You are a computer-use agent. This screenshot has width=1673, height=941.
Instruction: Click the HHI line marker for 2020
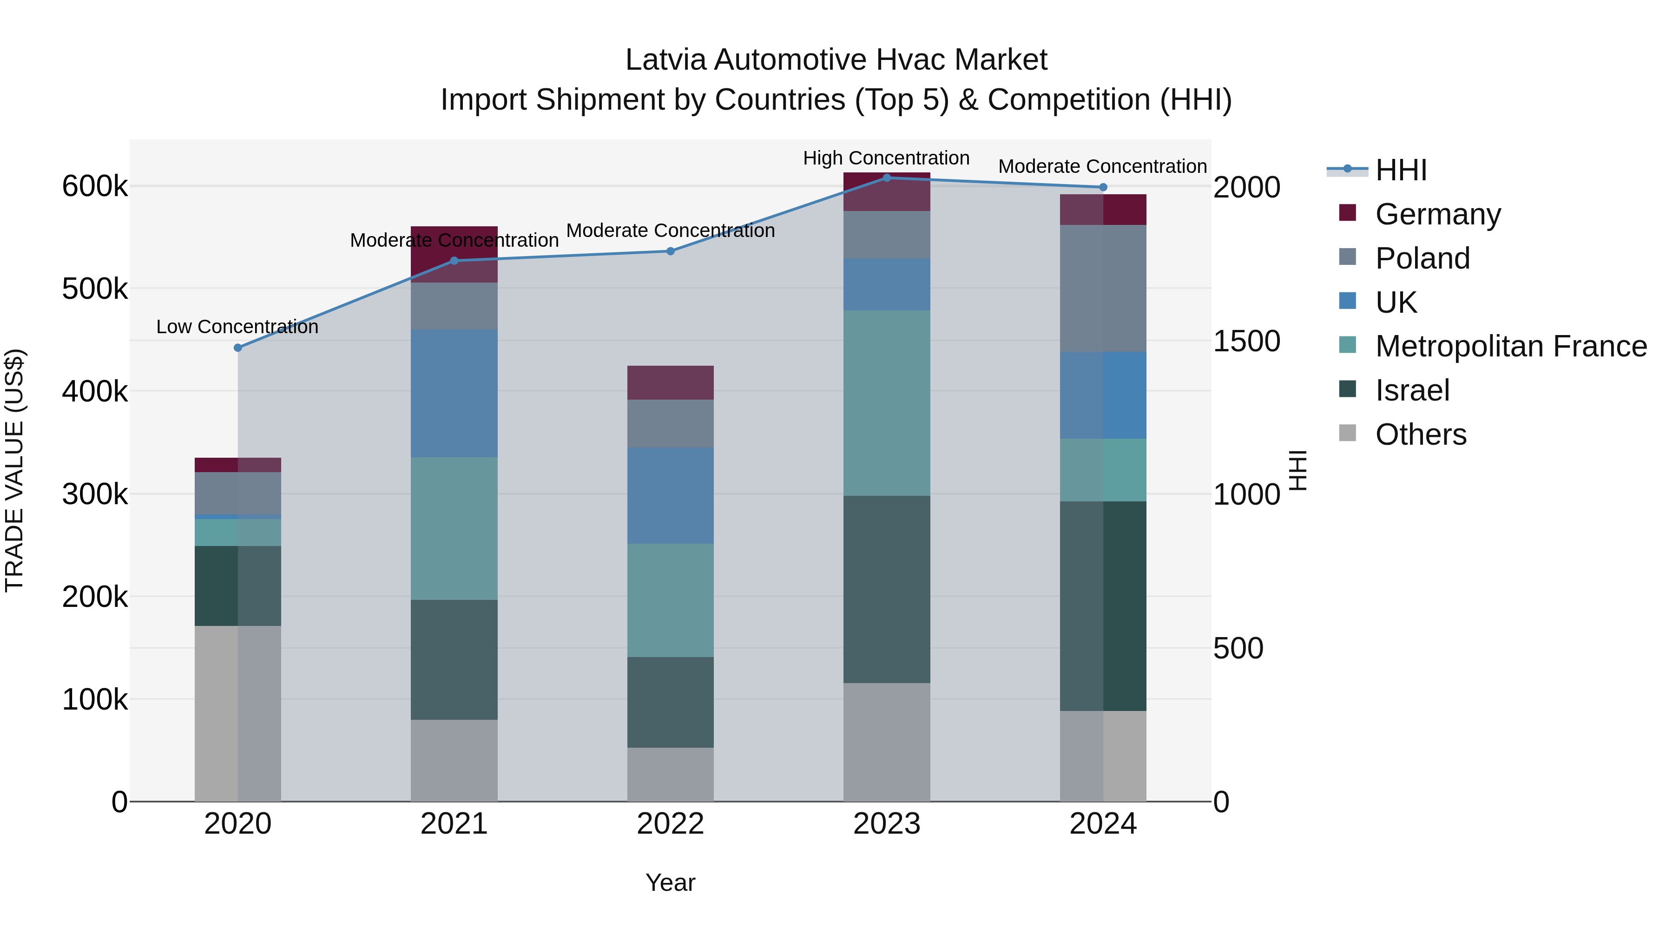(x=237, y=348)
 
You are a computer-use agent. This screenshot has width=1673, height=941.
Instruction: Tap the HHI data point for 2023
(x=887, y=178)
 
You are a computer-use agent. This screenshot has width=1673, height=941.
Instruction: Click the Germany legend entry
(x=1437, y=214)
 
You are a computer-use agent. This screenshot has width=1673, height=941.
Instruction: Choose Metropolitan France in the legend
(x=1511, y=346)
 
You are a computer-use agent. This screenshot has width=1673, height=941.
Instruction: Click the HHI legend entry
(x=1400, y=170)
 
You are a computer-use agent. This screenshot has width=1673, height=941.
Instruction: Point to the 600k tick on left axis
(x=95, y=187)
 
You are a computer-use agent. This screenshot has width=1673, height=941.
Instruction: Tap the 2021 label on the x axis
(x=454, y=824)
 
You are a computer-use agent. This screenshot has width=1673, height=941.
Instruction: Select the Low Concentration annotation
(x=237, y=327)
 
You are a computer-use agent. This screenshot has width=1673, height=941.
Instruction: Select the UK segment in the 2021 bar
(x=454, y=393)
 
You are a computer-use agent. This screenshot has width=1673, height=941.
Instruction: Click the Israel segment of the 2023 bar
(x=887, y=589)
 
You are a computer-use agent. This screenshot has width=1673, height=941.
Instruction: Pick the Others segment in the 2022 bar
(x=670, y=774)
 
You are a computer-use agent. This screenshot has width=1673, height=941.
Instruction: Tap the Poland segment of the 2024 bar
(x=1103, y=288)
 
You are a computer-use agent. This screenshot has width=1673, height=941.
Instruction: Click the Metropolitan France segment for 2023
(x=887, y=402)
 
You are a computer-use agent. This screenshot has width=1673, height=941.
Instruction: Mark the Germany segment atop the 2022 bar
(x=670, y=382)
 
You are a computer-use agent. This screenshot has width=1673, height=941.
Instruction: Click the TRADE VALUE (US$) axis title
(x=14, y=470)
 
